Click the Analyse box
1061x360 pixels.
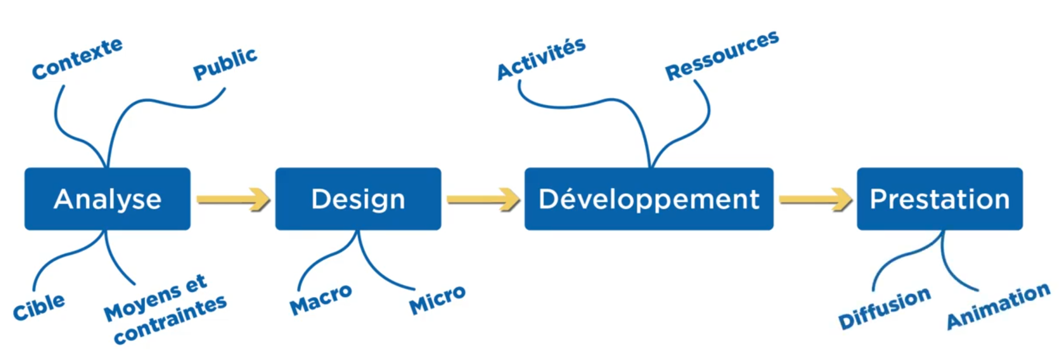[107, 199]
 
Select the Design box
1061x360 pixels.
[358, 199]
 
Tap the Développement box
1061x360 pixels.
[649, 199]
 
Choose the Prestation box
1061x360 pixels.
[940, 199]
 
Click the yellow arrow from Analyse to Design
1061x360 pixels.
[233, 199]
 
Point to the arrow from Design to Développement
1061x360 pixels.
[483, 199]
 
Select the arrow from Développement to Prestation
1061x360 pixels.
[815, 199]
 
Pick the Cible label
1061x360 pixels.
[39, 307]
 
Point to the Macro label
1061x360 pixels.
[321, 299]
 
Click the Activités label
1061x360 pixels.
[542, 59]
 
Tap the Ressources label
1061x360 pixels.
[722, 55]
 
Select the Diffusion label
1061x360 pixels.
[885, 308]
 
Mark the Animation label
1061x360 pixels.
[999, 306]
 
